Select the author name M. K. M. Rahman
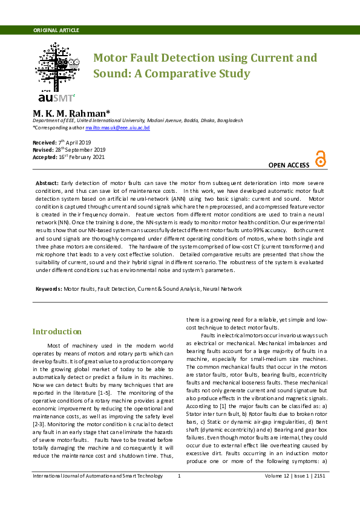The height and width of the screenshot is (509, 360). pyautogui.click(x=71, y=112)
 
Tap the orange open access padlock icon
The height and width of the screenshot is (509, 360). pyautogui.click(x=320, y=159)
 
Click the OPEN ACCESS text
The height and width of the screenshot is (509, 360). pyautogui.click(x=289, y=165)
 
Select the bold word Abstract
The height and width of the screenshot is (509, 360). pyautogui.click(x=47, y=183)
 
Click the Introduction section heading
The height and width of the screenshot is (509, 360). pyautogui.click(x=57, y=331)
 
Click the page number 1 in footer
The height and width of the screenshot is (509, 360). pyautogui.click(x=179, y=476)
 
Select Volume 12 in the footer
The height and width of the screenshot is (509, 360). pyautogui.click(x=277, y=476)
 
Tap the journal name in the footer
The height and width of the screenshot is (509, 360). pyautogui.click(x=97, y=476)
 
